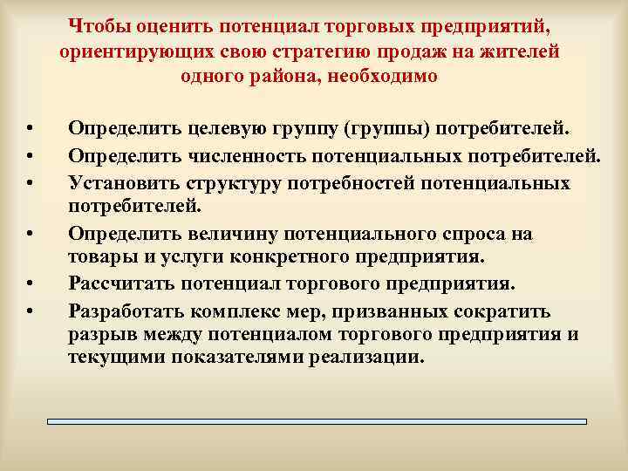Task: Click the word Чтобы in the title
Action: (x=95, y=23)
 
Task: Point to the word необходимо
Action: (x=395, y=77)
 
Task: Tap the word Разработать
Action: (x=128, y=311)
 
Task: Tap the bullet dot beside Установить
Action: (x=29, y=182)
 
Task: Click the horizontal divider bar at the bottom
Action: (x=317, y=421)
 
